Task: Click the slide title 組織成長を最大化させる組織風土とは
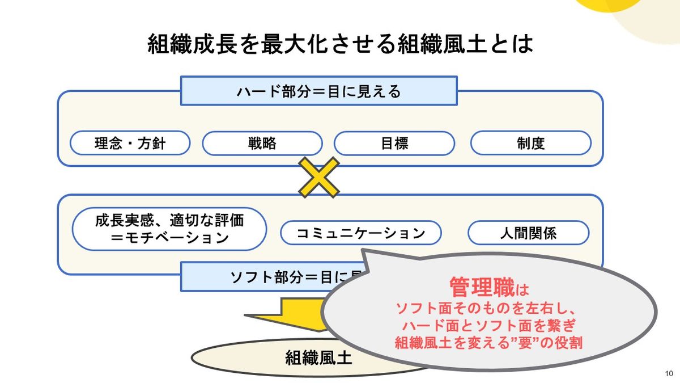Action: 340,44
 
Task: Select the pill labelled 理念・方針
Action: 130,143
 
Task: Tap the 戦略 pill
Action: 262,143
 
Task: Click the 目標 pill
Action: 394,143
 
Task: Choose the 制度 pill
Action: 530,143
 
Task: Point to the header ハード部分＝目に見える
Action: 318,91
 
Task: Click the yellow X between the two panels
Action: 318,177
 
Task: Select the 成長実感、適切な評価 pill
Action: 169,220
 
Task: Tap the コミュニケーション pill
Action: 360,233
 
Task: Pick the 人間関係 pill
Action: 528,233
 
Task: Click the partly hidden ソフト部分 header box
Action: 266,277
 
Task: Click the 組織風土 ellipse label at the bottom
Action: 318,357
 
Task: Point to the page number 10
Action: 669,373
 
